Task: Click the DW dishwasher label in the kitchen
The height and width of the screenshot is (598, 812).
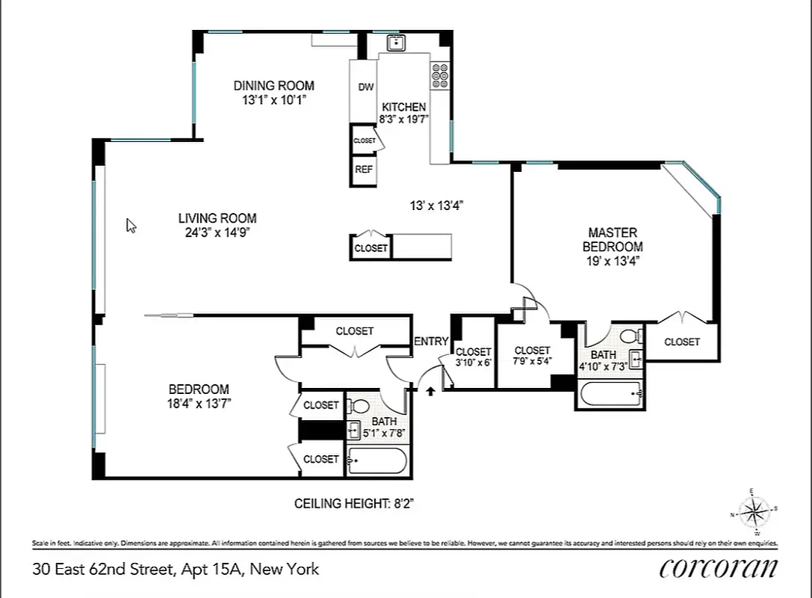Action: pyautogui.click(x=365, y=87)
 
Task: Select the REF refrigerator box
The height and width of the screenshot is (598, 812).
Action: pyautogui.click(x=364, y=170)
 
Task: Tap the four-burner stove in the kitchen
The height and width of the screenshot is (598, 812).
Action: pyautogui.click(x=439, y=75)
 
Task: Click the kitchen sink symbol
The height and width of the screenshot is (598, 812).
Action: pyautogui.click(x=395, y=42)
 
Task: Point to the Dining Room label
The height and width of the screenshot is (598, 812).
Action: pyautogui.click(x=273, y=85)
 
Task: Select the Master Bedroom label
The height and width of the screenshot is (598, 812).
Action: pyautogui.click(x=613, y=239)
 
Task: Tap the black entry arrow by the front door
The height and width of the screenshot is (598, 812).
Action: pyautogui.click(x=431, y=389)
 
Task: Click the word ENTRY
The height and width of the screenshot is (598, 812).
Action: pyautogui.click(x=431, y=342)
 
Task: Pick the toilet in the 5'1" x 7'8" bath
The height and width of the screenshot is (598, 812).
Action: pyautogui.click(x=360, y=407)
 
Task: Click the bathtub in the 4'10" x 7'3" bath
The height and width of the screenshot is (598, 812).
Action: pyautogui.click(x=610, y=393)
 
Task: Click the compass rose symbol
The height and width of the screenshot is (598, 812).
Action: pyautogui.click(x=754, y=512)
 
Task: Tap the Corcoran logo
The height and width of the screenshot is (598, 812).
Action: pyautogui.click(x=718, y=568)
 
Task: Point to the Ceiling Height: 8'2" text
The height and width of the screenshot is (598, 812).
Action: pyautogui.click(x=354, y=504)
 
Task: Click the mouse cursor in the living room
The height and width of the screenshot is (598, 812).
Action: pyautogui.click(x=131, y=225)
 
